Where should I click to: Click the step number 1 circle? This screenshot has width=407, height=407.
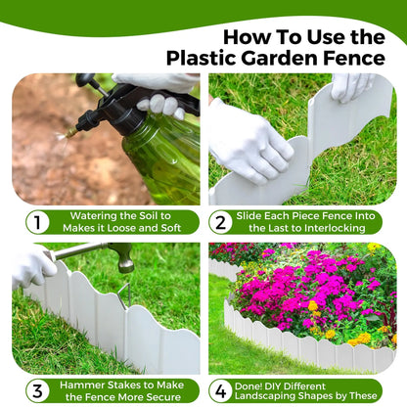tap(36, 222)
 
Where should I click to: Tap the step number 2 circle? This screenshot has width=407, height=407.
tap(220, 222)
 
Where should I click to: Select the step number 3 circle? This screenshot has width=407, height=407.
tap(36, 390)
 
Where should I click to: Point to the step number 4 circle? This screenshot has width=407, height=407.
tap(220, 390)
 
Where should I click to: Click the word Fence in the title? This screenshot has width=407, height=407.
tap(355, 59)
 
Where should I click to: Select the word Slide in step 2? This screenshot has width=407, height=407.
tap(255, 215)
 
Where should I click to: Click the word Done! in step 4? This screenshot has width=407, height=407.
tap(255, 384)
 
